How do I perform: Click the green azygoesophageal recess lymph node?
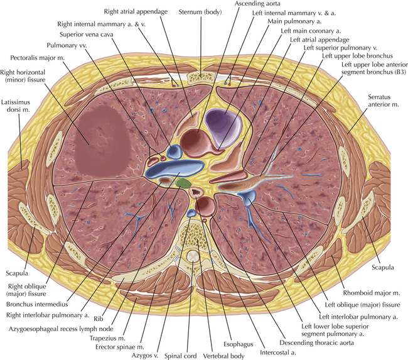[x=183, y=183]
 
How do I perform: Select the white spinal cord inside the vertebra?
[x=194, y=258]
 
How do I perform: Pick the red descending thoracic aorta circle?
[x=204, y=205]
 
